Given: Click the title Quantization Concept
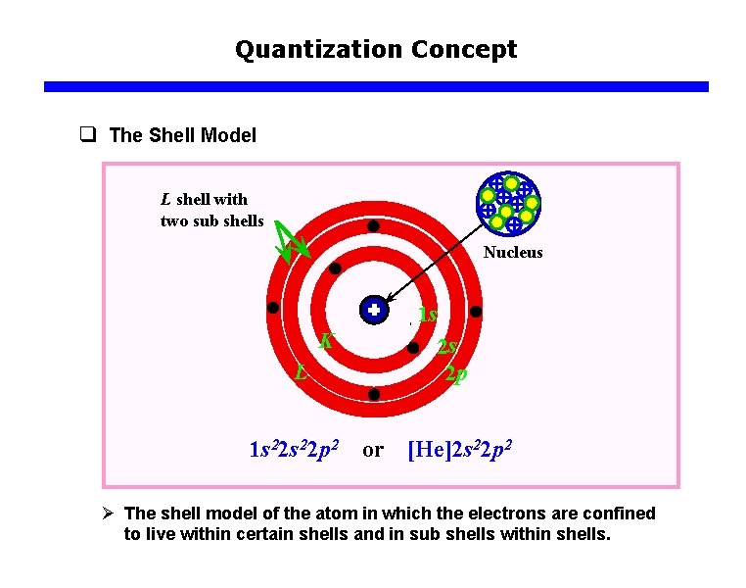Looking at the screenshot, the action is tap(376, 49).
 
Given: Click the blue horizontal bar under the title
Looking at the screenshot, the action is tap(376, 86).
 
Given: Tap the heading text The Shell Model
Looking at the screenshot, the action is tap(183, 135).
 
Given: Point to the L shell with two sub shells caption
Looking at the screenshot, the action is tap(210, 210).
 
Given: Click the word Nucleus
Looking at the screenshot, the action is tap(512, 253).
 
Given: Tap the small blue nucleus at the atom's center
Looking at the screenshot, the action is tap(373, 310).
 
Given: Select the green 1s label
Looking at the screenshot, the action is tap(426, 316).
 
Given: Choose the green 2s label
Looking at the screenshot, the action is tap(448, 347).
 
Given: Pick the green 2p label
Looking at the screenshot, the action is tap(455, 373).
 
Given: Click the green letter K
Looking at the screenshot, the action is tap(327, 342).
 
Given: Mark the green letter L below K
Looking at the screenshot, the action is tap(303, 372).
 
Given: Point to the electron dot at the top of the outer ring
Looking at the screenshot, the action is tap(374, 226).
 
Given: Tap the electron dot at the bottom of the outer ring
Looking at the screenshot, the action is tap(373, 394).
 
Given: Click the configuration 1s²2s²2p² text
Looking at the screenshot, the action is tap(294, 450).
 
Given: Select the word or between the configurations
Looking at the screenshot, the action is tap(373, 450).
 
